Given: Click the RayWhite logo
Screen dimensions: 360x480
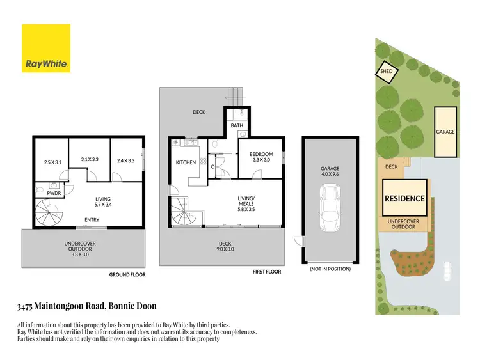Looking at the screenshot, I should pyautogui.click(x=46, y=48).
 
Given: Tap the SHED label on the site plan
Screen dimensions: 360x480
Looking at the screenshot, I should pyautogui.click(x=387, y=71).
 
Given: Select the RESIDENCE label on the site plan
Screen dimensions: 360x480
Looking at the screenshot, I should pyautogui.click(x=404, y=198).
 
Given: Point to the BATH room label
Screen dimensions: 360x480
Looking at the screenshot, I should pyautogui.click(x=237, y=126).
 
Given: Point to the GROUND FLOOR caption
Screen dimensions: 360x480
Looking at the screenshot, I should pyautogui.click(x=128, y=275).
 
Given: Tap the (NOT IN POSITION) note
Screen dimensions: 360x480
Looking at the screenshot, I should pyautogui.click(x=330, y=269).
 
